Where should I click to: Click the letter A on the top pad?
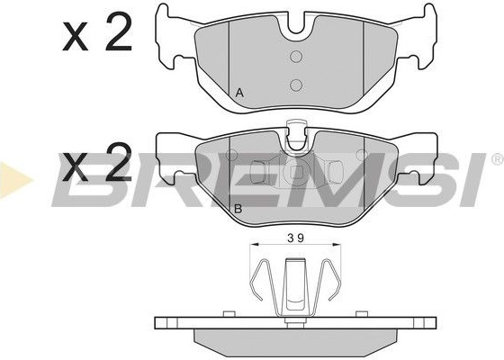(x=239, y=94)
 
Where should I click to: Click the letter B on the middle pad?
(x=238, y=209)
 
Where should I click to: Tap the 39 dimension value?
(x=295, y=238)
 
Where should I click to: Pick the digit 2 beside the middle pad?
(x=119, y=162)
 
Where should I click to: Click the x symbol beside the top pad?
(x=76, y=37)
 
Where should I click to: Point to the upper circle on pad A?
(x=296, y=57)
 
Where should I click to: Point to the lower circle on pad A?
(x=296, y=85)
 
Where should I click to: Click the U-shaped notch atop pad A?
(x=296, y=26)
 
